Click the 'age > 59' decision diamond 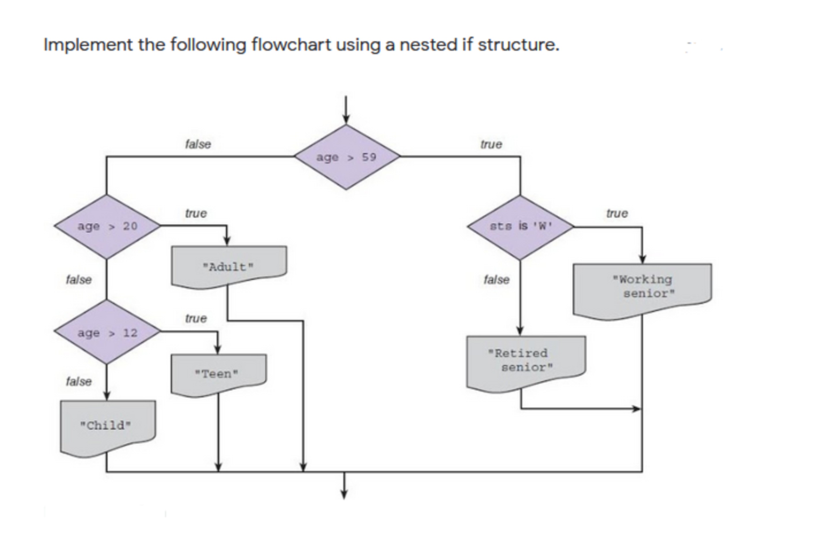click(347, 157)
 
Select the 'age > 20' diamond click(107, 226)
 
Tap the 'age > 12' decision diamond click(107, 332)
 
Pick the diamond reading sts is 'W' click(520, 227)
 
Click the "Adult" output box click(229, 266)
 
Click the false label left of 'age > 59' click(198, 144)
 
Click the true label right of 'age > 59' click(491, 144)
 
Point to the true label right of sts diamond click(617, 213)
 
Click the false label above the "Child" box click(79, 382)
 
